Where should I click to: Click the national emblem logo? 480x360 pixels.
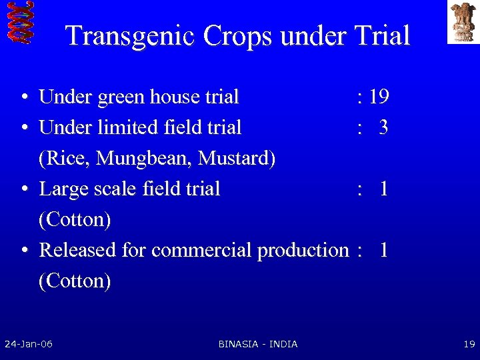tap(463, 22)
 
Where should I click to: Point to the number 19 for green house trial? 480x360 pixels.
tap(379, 97)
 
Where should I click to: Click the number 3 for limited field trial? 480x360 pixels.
tap(383, 128)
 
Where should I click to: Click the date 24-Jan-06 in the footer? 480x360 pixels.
tap(29, 344)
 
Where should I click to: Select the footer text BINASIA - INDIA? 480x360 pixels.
tap(258, 344)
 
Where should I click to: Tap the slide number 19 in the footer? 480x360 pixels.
tap(469, 344)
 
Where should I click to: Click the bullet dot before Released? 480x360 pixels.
tap(23, 251)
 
